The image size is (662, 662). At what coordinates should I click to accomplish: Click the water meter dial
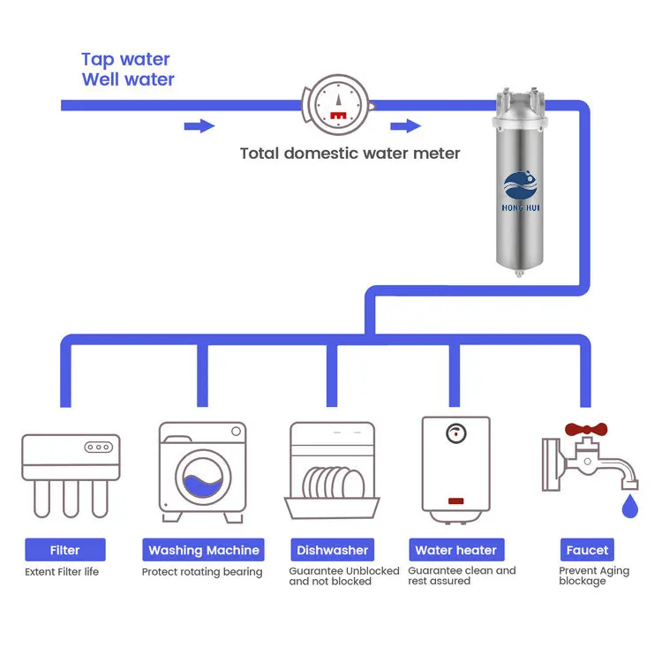(x=336, y=105)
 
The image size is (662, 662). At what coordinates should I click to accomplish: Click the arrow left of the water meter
(x=199, y=126)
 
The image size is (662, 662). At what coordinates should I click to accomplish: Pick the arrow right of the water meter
(x=406, y=126)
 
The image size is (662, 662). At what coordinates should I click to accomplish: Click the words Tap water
(x=125, y=59)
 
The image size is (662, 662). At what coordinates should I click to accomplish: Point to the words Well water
(x=128, y=79)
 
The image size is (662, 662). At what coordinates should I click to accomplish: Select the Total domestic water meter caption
(x=350, y=154)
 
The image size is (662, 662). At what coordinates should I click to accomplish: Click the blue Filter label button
(x=64, y=550)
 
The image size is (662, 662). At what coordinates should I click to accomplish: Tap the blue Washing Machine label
(x=204, y=550)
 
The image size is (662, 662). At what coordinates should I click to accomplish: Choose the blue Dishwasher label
(x=332, y=550)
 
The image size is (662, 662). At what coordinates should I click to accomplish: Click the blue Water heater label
(x=456, y=550)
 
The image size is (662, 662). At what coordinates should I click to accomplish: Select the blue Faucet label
(x=587, y=550)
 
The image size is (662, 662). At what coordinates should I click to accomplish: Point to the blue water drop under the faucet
(x=629, y=507)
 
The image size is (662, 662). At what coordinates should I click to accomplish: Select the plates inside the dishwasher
(x=332, y=483)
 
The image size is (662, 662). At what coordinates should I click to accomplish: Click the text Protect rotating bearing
(x=202, y=572)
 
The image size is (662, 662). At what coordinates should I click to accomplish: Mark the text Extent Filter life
(x=62, y=572)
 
